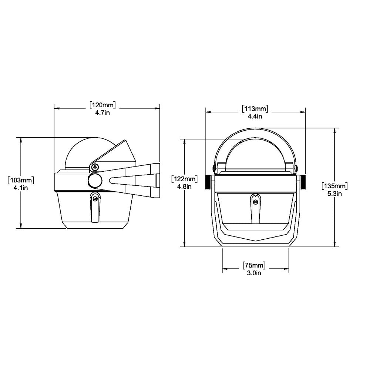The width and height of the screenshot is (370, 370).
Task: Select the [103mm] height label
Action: [21, 181]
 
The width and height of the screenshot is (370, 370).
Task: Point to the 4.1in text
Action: [21, 188]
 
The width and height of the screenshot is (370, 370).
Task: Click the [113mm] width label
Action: [255, 109]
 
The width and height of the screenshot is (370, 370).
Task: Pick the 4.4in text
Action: [255, 116]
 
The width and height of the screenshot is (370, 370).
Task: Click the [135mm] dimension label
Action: [335, 185]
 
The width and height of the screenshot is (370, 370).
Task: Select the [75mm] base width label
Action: [255, 266]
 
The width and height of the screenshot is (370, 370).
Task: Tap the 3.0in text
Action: [255, 273]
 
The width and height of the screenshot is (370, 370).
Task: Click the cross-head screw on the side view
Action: [96, 168]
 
